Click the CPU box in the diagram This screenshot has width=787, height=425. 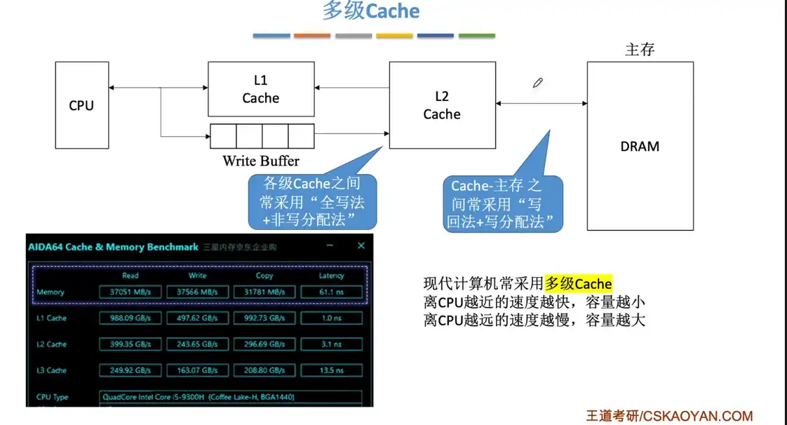[81, 105]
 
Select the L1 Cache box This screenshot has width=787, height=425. [260, 89]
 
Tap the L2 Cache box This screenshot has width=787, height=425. [441, 105]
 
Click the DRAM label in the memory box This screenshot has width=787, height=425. [640, 147]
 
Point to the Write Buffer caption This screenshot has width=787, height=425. [261, 161]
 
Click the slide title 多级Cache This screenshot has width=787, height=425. [371, 12]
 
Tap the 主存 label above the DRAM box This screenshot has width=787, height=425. [640, 49]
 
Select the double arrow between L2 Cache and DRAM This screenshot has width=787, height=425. [541, 104]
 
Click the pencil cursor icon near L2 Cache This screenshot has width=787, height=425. [538, 83]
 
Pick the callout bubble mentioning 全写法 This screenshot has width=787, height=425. [312, 202]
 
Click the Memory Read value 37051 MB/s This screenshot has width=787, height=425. [130, 292]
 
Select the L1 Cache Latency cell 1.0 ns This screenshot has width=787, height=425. [331, 318]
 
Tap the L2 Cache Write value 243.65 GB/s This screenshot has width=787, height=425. [197, 344]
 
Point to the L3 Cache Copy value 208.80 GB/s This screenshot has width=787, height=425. [264, 370]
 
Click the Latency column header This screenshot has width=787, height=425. [331, 276]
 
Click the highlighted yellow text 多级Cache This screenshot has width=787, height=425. [579, 283]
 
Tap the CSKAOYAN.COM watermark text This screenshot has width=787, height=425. [698, 416]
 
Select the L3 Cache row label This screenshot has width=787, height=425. [52, 370]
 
